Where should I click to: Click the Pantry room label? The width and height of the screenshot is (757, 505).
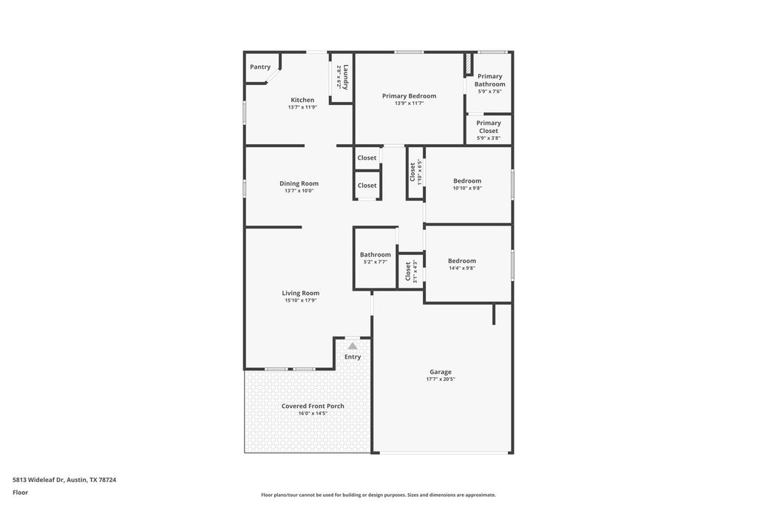[260, 67]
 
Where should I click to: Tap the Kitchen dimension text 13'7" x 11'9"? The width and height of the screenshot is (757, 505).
[302, 107]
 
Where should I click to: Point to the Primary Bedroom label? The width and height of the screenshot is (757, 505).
[409, 96]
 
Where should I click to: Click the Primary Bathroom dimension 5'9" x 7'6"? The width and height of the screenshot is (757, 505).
[489, 92]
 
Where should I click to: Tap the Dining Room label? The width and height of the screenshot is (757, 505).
[299, 183]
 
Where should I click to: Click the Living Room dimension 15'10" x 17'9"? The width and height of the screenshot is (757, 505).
[301, 300]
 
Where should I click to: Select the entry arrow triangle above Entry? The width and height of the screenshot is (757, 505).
[353, 346]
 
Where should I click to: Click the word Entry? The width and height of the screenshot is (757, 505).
[353, 357]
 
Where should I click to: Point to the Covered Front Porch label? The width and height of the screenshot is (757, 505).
[313, 406]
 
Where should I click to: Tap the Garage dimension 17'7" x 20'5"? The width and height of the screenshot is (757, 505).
[441, 379]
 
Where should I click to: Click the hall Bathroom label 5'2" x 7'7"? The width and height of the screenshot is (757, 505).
[376, 255]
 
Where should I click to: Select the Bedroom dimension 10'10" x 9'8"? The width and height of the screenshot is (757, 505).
[467, 189]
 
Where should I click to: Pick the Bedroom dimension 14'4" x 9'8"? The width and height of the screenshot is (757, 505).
[462, 268]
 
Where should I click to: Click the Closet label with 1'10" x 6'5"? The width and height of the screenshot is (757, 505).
[413, 172]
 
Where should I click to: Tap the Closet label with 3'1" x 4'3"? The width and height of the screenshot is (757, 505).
[407, 271]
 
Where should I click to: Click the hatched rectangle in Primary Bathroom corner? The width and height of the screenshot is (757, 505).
[468, 64]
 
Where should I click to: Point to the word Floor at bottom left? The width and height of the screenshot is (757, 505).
[20, 492]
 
